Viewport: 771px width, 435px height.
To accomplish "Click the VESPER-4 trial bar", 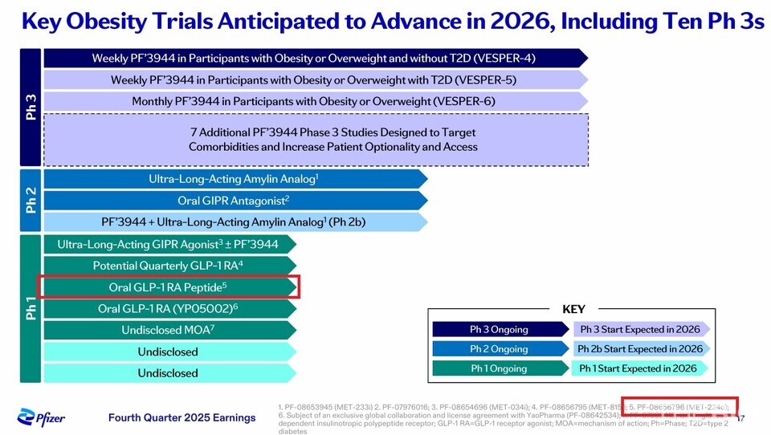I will pyautogui.click(x=313, y=58).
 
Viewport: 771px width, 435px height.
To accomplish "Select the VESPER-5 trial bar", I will pyautogui.click(x=313, y=79).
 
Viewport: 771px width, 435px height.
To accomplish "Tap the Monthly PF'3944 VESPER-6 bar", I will pyautogui.click(x=313, y=101).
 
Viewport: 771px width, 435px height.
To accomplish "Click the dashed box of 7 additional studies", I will pyautogui.click(x=315, y=140).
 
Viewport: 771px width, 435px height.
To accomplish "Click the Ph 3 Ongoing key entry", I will pyautogui.click(x=499, y=329).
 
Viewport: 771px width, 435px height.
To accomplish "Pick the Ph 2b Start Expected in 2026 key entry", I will pyautogui.click(x=640, y=349).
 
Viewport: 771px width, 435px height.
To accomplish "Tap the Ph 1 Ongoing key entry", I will pyautogui.click(x=499, y=368).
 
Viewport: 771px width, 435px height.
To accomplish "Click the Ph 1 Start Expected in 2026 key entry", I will pyautogui.click(x=640, y=368).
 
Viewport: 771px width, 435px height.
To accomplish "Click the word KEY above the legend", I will pyautogui.click(x=573, y=310).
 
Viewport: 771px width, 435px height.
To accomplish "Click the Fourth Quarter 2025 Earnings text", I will pyautogui.click(x=182, y=417).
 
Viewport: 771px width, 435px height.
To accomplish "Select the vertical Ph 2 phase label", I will pyautogui.click(x=31, y=200).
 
